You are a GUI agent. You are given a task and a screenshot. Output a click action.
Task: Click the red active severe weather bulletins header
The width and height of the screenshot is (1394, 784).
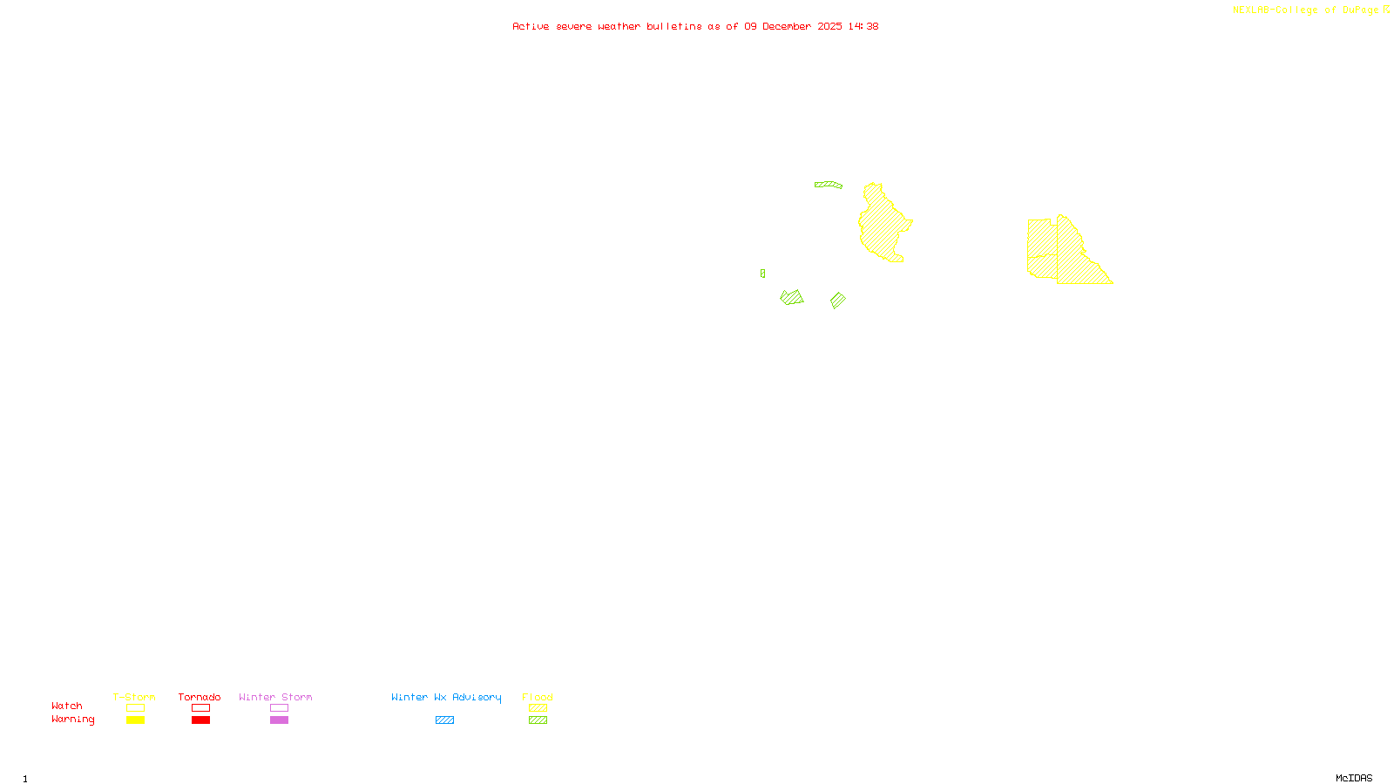pyautogui.click(x=694, y=27)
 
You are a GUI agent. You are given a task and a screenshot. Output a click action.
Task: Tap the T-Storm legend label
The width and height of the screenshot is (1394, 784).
pyautogui.click(x=134, y=697)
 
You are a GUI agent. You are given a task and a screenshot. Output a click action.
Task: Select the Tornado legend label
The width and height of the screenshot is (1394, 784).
pyautogui.click(x=200, y=697)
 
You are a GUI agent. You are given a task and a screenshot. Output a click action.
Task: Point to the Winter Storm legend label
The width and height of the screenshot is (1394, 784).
pyautogui.click(x=275, y=697)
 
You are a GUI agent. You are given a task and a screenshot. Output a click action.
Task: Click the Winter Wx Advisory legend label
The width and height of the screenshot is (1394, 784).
pyautogui.click(x=446, y=697)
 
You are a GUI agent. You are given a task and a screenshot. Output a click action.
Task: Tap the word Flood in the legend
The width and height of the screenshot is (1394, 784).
pyautogui.click(x=538, y=697)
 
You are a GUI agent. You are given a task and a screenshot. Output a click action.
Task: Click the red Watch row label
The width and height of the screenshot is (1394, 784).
pyautogui.click(x=67, y=706)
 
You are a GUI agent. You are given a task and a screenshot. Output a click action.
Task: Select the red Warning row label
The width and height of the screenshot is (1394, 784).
pyautogui.click(x=73, y=720)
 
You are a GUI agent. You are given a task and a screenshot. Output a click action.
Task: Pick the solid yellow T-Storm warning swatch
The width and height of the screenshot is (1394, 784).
pyautogui.click(x=135, y=720)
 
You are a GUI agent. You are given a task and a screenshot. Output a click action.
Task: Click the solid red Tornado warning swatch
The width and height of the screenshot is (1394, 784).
pyautogui.click(x=200, y=720)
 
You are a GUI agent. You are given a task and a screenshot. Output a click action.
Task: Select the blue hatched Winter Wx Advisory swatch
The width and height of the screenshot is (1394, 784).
pyautogui.click(x=444, y=720)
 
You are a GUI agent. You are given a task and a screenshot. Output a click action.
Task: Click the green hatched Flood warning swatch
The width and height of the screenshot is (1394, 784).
pyautogui.click(x=538, y=720)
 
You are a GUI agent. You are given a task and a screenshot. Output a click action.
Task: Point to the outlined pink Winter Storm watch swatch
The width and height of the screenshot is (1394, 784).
pyautogui.click(x=279, y=708)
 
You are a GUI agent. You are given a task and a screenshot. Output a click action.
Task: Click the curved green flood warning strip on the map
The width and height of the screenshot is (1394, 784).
pyautogui.click(x=829, y=185)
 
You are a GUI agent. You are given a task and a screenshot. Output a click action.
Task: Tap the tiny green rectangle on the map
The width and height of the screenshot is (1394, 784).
pyautogui.click(x=762, y=274)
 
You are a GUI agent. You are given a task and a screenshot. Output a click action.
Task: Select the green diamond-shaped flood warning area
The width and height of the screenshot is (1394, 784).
pyautogui.click(x=838, y=301)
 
